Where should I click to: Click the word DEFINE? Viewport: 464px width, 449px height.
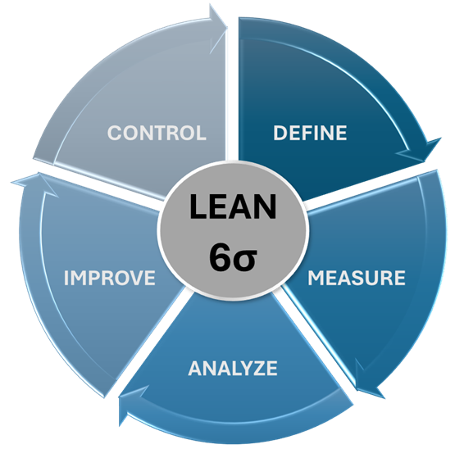point(310,133)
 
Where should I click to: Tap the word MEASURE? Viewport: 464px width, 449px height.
point(357,278)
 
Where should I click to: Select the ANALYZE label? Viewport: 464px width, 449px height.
point(233,368)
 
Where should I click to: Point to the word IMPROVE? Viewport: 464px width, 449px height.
point(110,278)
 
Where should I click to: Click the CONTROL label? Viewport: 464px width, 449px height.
point(157,133)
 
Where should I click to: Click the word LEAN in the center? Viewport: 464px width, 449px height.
point(233,206)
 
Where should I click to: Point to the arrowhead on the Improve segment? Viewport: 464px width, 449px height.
point(35,184)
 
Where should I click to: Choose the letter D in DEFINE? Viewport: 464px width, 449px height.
point(280,133)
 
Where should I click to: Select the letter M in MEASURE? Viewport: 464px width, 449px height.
point(316,278)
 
